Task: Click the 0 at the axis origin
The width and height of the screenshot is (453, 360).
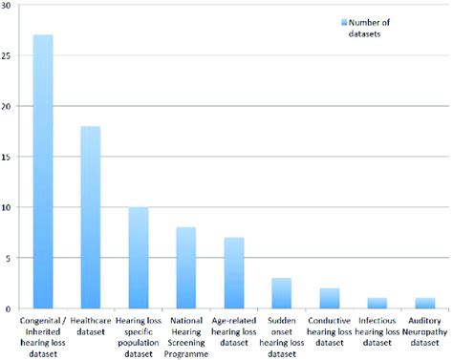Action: pyautogui.click(x=9, y=308)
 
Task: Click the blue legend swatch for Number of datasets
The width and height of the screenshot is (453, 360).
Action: pyautogui.click(x=343, y=21)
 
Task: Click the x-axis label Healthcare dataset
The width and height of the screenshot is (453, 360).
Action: pyautogui.click(x=91, y=324)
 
